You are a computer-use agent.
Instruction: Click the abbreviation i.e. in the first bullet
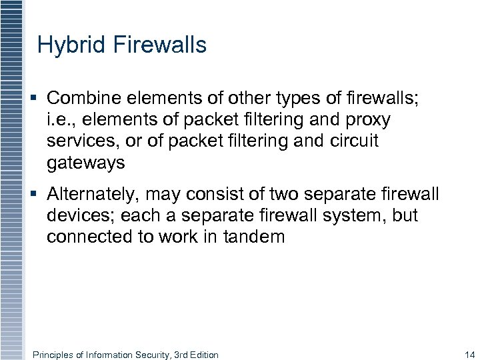click(x=59, y=120)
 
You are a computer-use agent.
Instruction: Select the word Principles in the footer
click(x=53, y=355)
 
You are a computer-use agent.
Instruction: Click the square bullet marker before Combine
click(x=34, y=99)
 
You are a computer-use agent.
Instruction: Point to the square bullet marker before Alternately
click(x=34, y=194)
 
